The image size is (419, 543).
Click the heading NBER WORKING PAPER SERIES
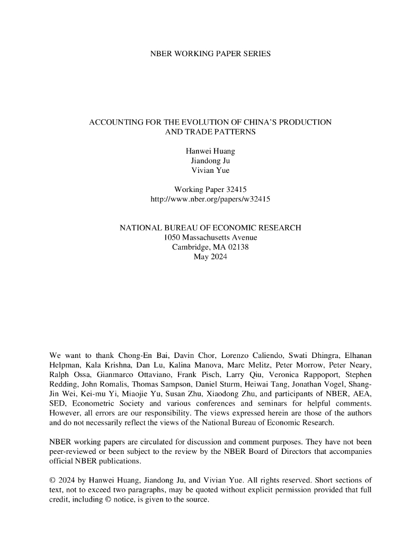coord(210,54)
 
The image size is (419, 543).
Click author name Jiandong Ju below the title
coord(210,161)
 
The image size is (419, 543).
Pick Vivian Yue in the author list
coord(210,170)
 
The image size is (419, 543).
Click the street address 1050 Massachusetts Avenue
coord(210,237)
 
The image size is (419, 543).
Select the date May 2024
coord(210,257)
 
